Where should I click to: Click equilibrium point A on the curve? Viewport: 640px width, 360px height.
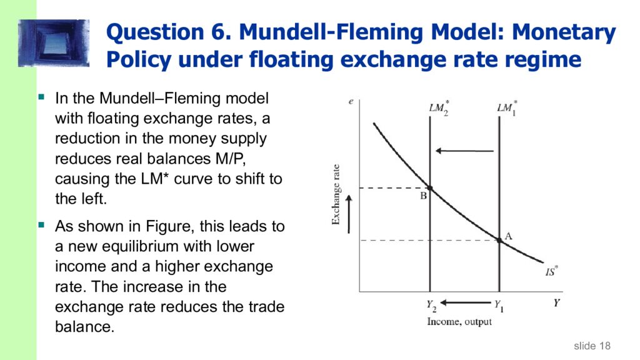point(499,240)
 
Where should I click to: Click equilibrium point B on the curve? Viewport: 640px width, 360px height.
point(430,187)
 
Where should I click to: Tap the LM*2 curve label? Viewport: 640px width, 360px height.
point(438,107)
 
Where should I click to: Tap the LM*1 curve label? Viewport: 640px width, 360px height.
point(506,107)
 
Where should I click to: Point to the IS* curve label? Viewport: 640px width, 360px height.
point(551,272)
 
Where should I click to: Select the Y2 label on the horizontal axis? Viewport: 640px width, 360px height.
point(431,306)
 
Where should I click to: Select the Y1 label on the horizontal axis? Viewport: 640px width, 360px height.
point(499,306)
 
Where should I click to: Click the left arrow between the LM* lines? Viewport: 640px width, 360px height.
point(464,151)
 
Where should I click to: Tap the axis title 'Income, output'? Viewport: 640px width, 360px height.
point(459,322)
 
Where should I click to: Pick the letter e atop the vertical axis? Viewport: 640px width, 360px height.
point(351,101)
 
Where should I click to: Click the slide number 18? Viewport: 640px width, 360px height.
point(604,346)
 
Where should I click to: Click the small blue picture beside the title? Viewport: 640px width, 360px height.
point(54,42)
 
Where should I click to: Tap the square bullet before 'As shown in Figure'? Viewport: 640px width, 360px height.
point(42,223)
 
